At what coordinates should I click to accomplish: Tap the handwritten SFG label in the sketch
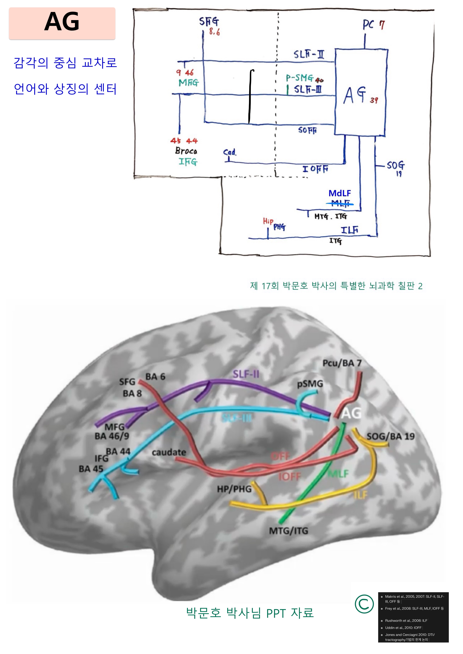pyautogui.click(x=209, y=22)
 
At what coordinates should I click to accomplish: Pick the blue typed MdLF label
pyautogui.click(x=340, y=193)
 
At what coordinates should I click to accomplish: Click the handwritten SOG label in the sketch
pyautogui.click(x=395, y=165)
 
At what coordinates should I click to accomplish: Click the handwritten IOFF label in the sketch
pyautogui.click(x=315, y=169)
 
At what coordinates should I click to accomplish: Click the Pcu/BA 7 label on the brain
pyautogui.click(x=342, y=363)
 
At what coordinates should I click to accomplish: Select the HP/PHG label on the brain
pyautogui.click(x=234, y=489)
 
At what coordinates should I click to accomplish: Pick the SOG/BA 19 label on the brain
pyautogui.click(x=390, y=436)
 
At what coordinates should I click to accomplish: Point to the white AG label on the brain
pyautogui.click(x=351, y=413)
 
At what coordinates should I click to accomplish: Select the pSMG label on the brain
pyautogui.click(x=310, y=384)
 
